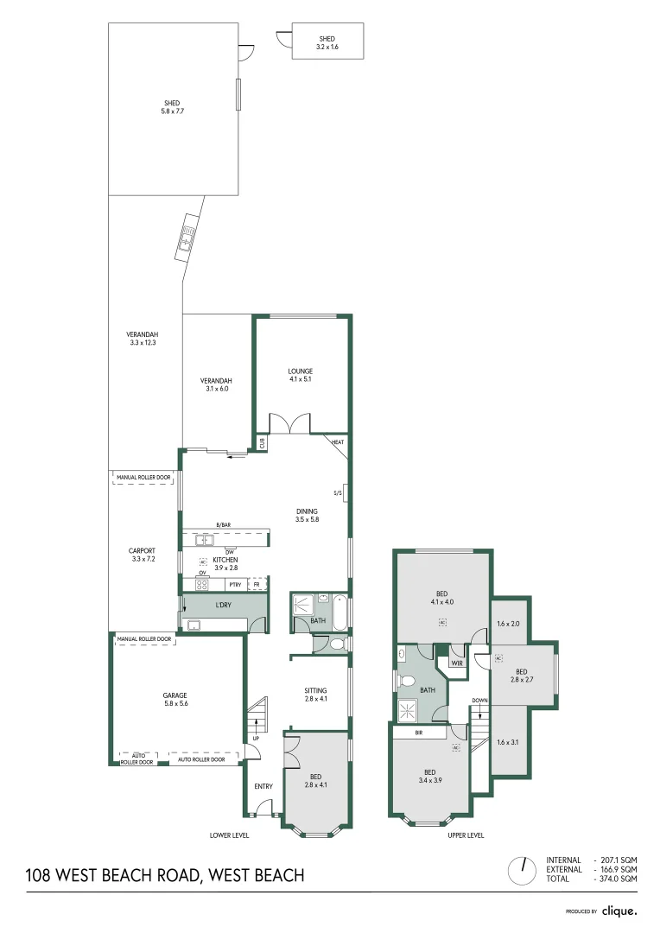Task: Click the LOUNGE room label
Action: point(301,371)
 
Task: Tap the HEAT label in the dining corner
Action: point(337,443)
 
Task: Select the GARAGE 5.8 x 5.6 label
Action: point(175,695)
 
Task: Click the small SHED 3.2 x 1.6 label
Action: point(327,40)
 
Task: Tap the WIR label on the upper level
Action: point(457,663)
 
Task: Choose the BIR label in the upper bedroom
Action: point(419,733)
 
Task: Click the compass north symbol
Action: point(523,870)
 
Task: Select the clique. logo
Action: point(619,911)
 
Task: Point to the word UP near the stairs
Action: point(256,739)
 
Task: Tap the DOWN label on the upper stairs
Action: point(480,701)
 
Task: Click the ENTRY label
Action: point(263,786)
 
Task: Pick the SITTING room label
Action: point(315,689)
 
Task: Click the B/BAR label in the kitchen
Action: point(224,524)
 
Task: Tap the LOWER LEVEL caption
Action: point(229,835)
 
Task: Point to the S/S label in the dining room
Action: point(338,492)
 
